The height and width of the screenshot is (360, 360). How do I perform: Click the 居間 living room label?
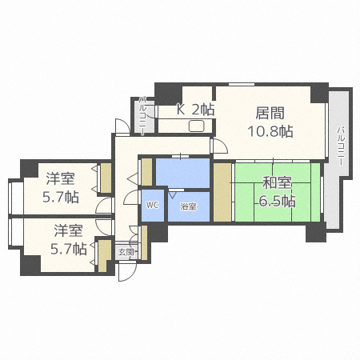pos(270,113)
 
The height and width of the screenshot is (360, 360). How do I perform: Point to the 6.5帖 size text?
pos(277,201)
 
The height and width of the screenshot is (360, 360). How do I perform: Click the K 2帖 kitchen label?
pos(196,110)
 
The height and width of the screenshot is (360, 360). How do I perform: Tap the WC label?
pos(152,206)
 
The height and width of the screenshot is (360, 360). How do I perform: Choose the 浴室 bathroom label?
pos(188,207)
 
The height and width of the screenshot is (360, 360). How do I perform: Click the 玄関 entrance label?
pos(126,252)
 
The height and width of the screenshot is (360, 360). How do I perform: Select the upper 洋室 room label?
pos(60,178)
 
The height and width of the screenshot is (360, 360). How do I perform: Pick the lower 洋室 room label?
pos(69,231)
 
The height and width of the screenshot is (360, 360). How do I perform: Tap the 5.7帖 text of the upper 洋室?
pos(61,196)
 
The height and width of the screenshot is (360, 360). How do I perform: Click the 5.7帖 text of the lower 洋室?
pos(69,249)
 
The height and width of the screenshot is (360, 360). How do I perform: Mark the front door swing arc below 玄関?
pos(126,272)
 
